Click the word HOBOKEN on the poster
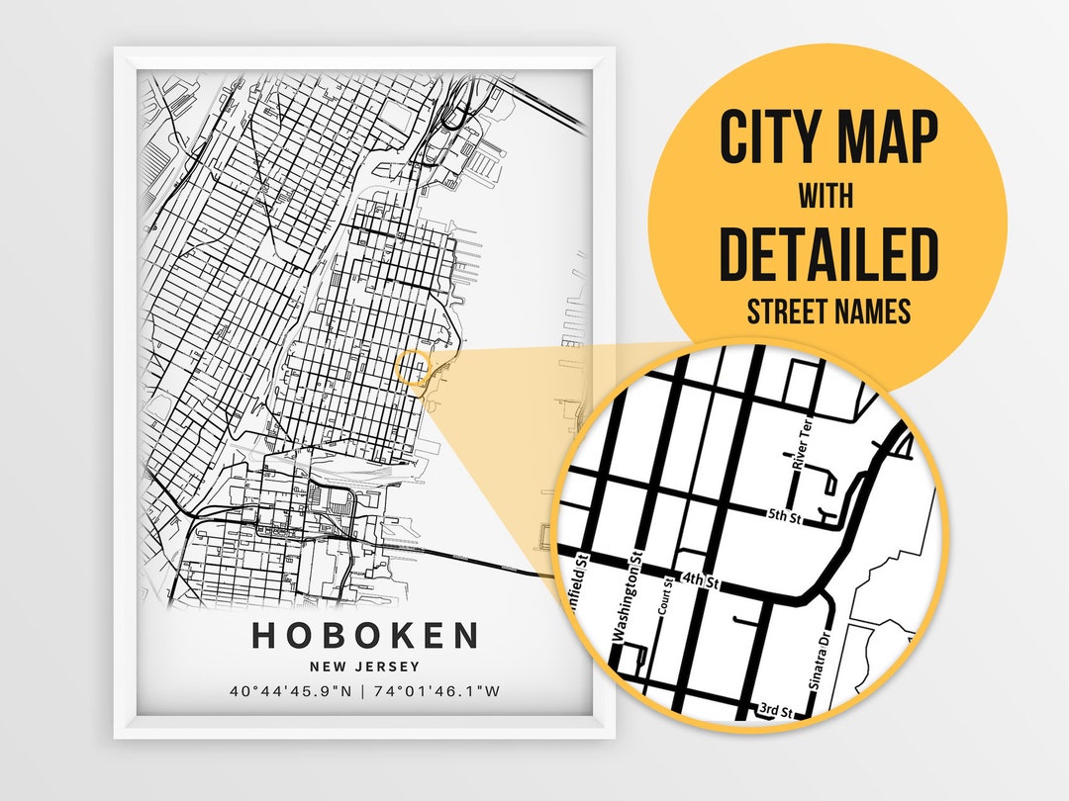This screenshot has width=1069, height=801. coord(364,635)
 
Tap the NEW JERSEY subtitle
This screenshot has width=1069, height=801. coord(364,667)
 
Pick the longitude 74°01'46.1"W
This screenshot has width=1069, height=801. coord(436,691)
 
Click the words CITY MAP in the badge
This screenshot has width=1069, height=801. coord(827,139)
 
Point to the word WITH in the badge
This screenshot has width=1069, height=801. coord(826,196)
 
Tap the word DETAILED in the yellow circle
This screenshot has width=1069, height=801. coord(827,254)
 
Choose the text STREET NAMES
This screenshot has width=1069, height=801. coord(827,311)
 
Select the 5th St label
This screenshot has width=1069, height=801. coord(784,514)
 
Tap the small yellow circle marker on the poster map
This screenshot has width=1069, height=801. coord(412,368)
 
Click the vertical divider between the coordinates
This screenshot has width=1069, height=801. coord(363,691)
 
